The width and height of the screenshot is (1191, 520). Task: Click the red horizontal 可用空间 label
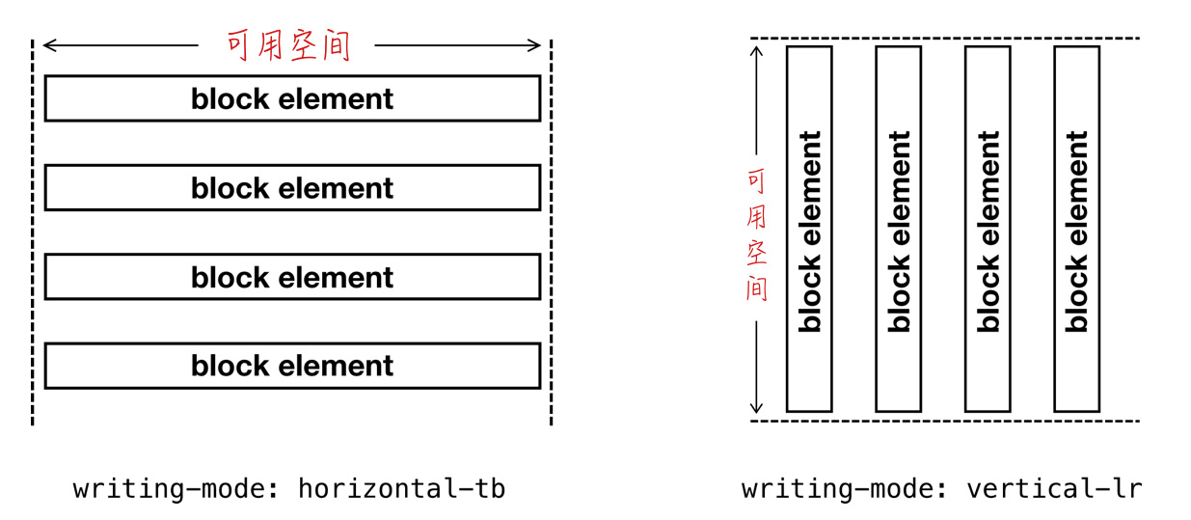coord(288,45)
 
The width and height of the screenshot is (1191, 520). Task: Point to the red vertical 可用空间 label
coord(757,235)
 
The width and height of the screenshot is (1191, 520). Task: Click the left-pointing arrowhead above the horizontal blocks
coord(49,45)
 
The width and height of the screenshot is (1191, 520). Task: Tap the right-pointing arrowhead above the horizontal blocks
coord(534,45)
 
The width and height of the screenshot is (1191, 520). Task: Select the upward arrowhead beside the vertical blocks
coord(756,51)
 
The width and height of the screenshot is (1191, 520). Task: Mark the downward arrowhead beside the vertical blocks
coord(756,408)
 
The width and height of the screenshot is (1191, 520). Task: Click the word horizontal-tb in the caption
coord(401,488)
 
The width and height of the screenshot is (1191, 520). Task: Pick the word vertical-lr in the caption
coord(1054,488)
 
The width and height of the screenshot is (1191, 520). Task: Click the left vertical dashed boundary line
coord(33,233)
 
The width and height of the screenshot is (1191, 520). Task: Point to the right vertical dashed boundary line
coord(552,233)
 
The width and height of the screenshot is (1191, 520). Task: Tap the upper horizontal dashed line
coord(945,39)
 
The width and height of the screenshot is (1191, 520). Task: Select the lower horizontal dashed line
coord(945,421)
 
